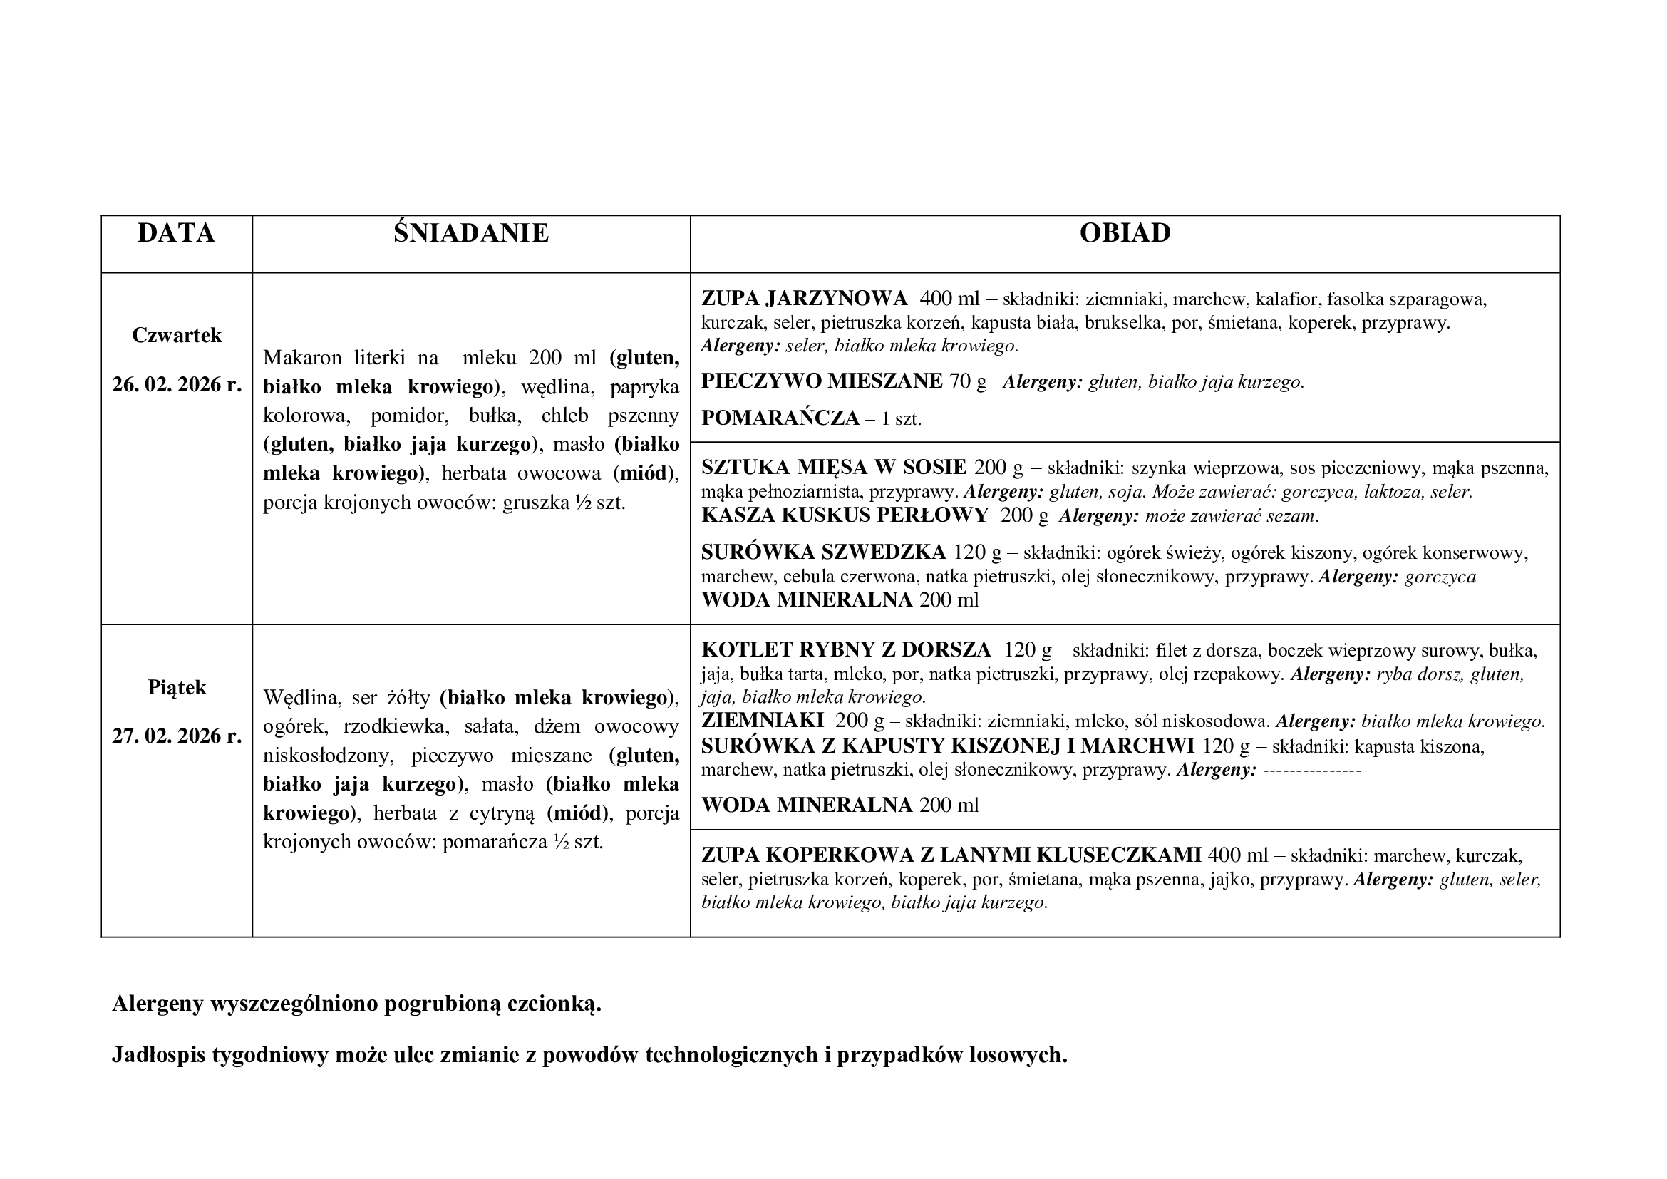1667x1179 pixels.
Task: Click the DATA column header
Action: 177,233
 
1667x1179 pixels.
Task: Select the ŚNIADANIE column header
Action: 471,233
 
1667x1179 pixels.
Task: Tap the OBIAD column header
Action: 1125,233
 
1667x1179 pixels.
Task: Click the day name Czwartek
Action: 177,336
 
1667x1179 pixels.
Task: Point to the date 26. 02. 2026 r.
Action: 177,385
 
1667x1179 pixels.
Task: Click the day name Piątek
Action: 177,687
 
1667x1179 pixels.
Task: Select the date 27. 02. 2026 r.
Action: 177,736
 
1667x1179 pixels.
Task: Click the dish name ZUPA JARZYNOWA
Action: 804,299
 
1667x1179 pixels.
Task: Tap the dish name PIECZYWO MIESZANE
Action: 822,381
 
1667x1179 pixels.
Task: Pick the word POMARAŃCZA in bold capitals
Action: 780,418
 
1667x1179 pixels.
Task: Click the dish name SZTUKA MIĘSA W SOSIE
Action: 834,467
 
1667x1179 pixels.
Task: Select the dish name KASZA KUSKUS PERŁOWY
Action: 845,515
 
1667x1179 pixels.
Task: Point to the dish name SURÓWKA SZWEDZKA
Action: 823,552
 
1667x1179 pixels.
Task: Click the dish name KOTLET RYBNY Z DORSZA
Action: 846,649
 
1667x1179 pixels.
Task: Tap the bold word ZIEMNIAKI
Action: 763,721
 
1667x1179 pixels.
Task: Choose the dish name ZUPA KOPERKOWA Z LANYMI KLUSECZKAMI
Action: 951,855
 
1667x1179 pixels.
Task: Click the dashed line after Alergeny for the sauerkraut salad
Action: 1312,770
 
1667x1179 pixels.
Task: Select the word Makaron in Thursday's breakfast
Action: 302,358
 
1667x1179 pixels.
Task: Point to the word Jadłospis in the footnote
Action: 158,1055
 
